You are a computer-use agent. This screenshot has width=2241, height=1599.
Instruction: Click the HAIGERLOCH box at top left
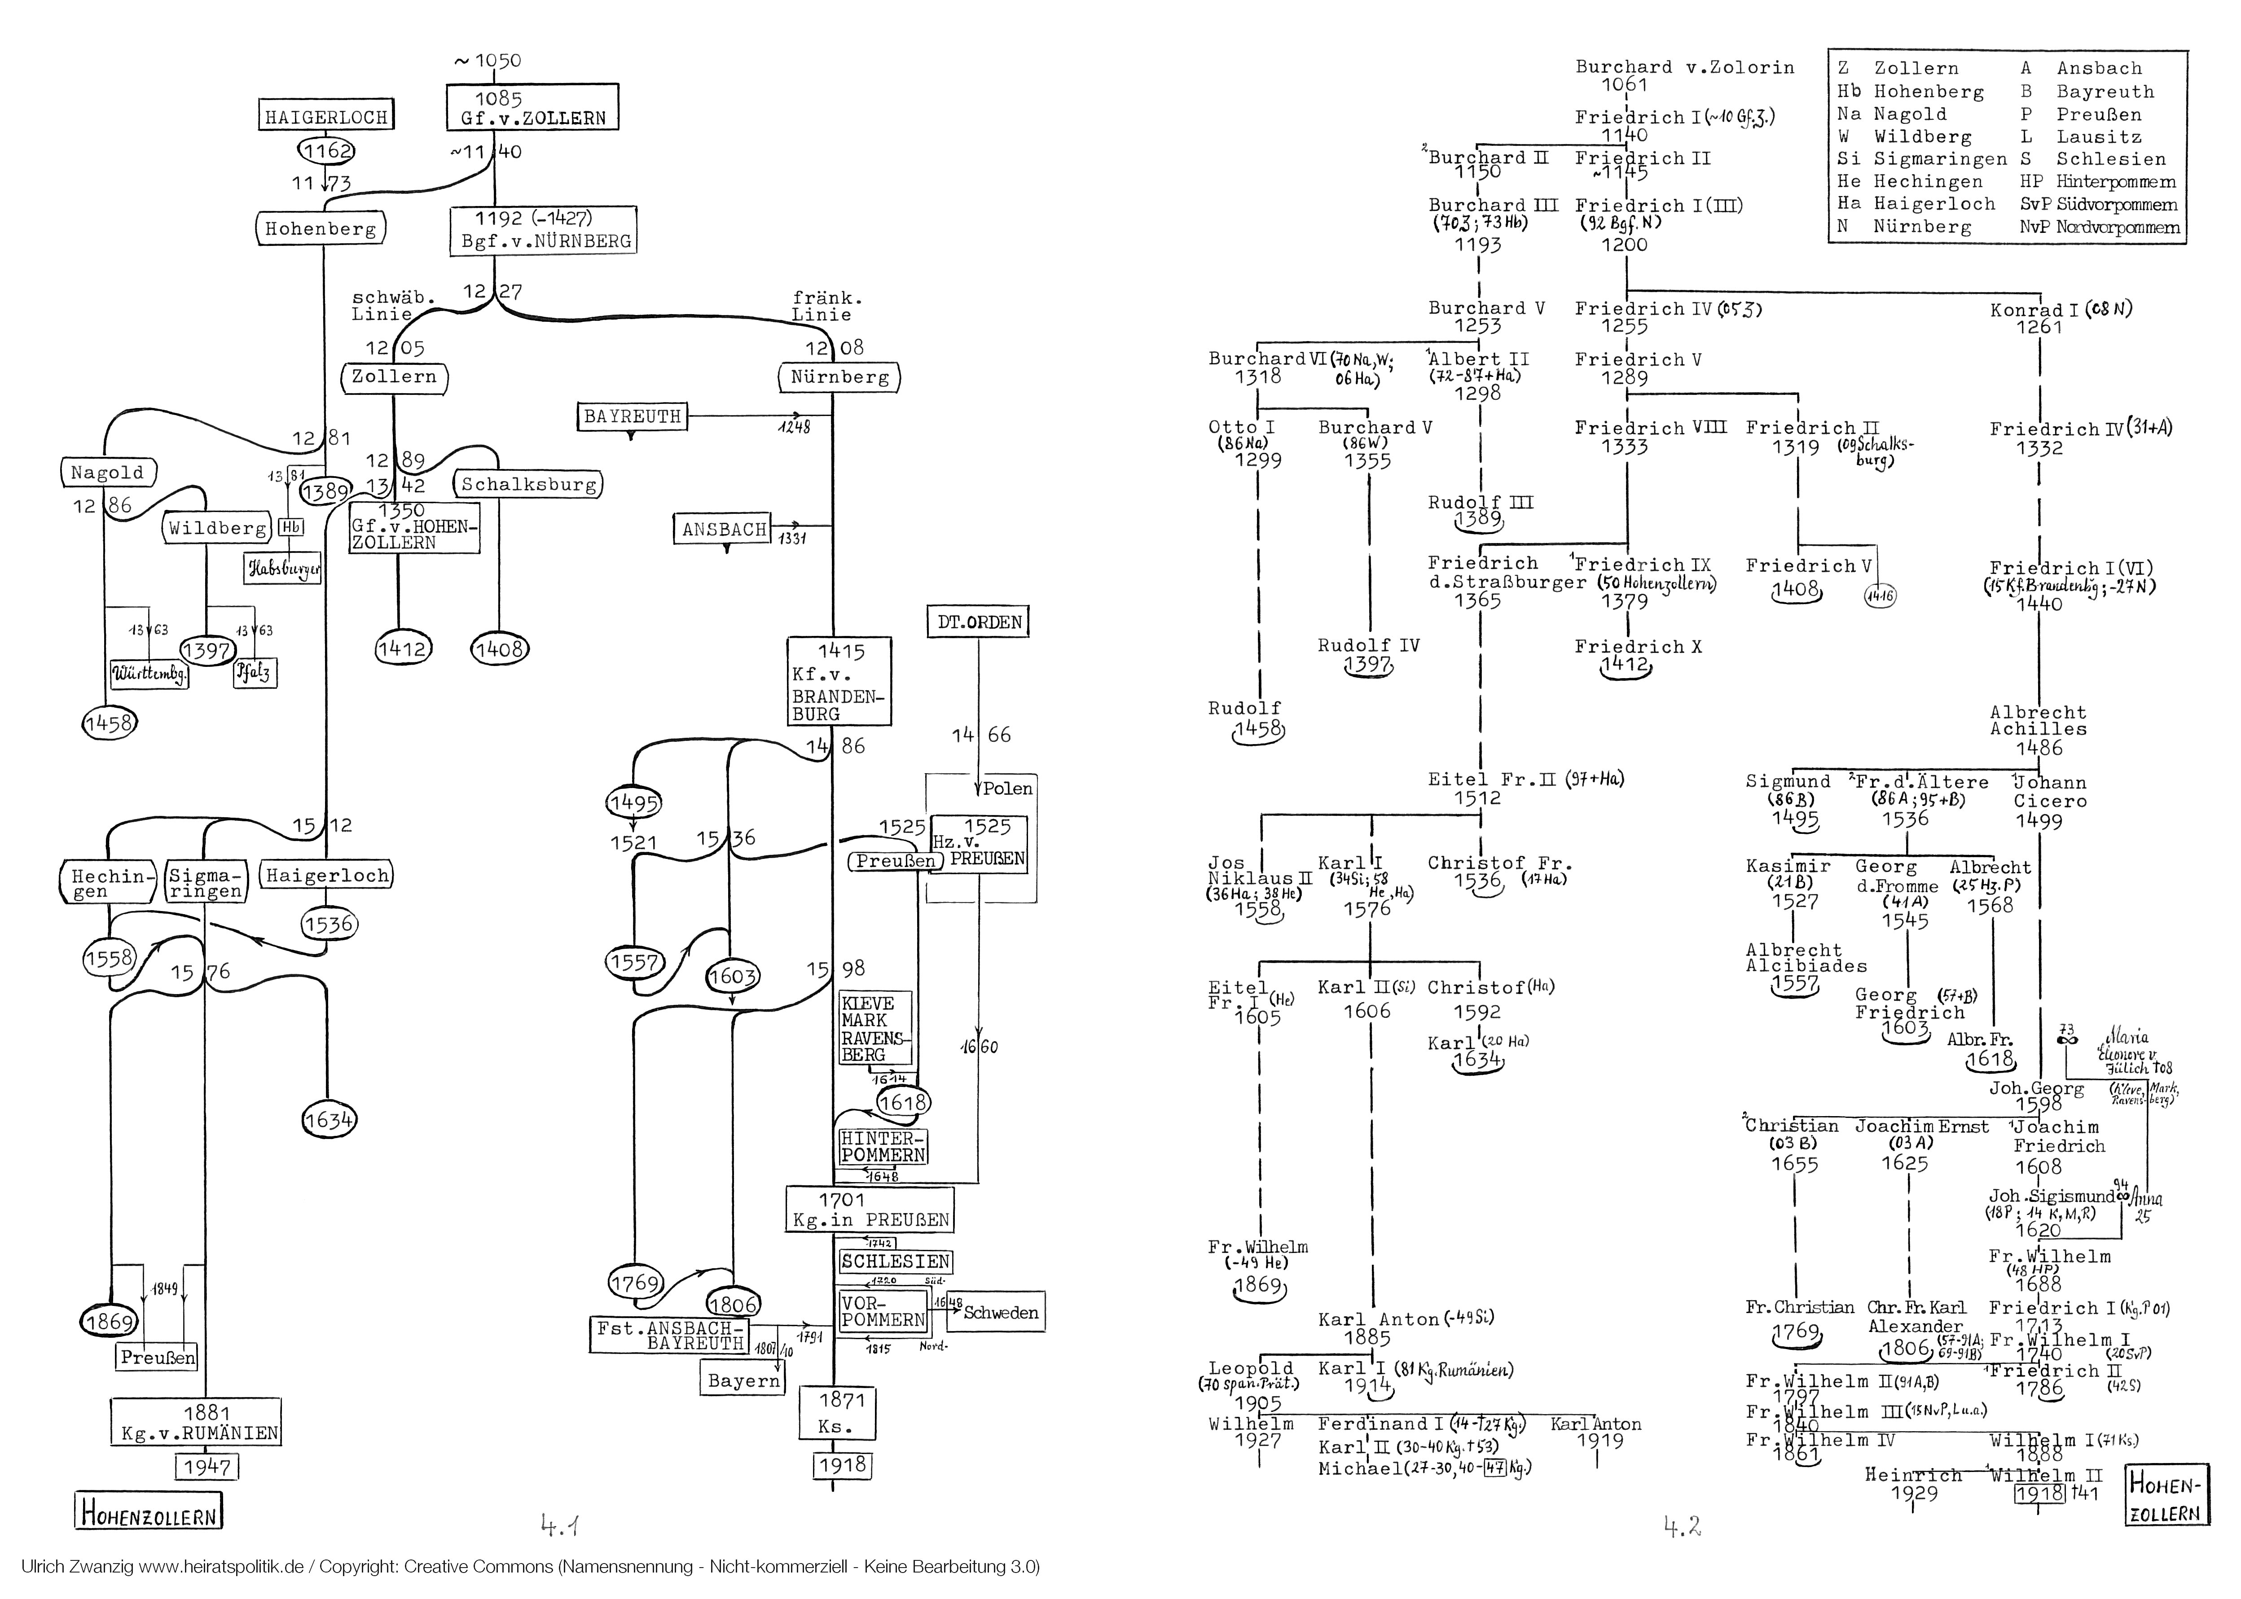coord(326,116)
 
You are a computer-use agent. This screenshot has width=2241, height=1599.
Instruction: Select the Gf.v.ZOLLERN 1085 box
coord(533,108)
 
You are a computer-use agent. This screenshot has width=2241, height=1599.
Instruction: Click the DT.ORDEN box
coord(979,622)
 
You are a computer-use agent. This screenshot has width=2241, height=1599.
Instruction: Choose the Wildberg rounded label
coord(217,528)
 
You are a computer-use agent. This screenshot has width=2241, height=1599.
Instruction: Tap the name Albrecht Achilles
coord(2037,721)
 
